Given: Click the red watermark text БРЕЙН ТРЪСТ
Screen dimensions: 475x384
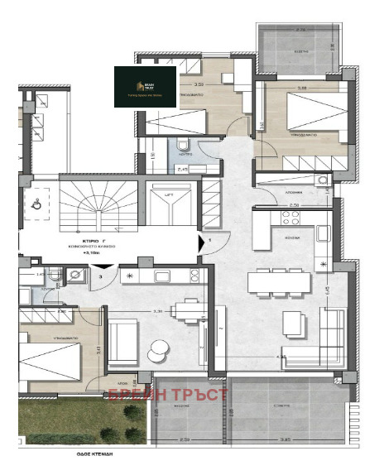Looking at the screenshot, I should pos(167,395).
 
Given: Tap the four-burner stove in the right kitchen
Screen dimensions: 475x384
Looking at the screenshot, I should pos(291,218).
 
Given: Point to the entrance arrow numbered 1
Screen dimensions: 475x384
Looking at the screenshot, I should pos(204,243).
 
